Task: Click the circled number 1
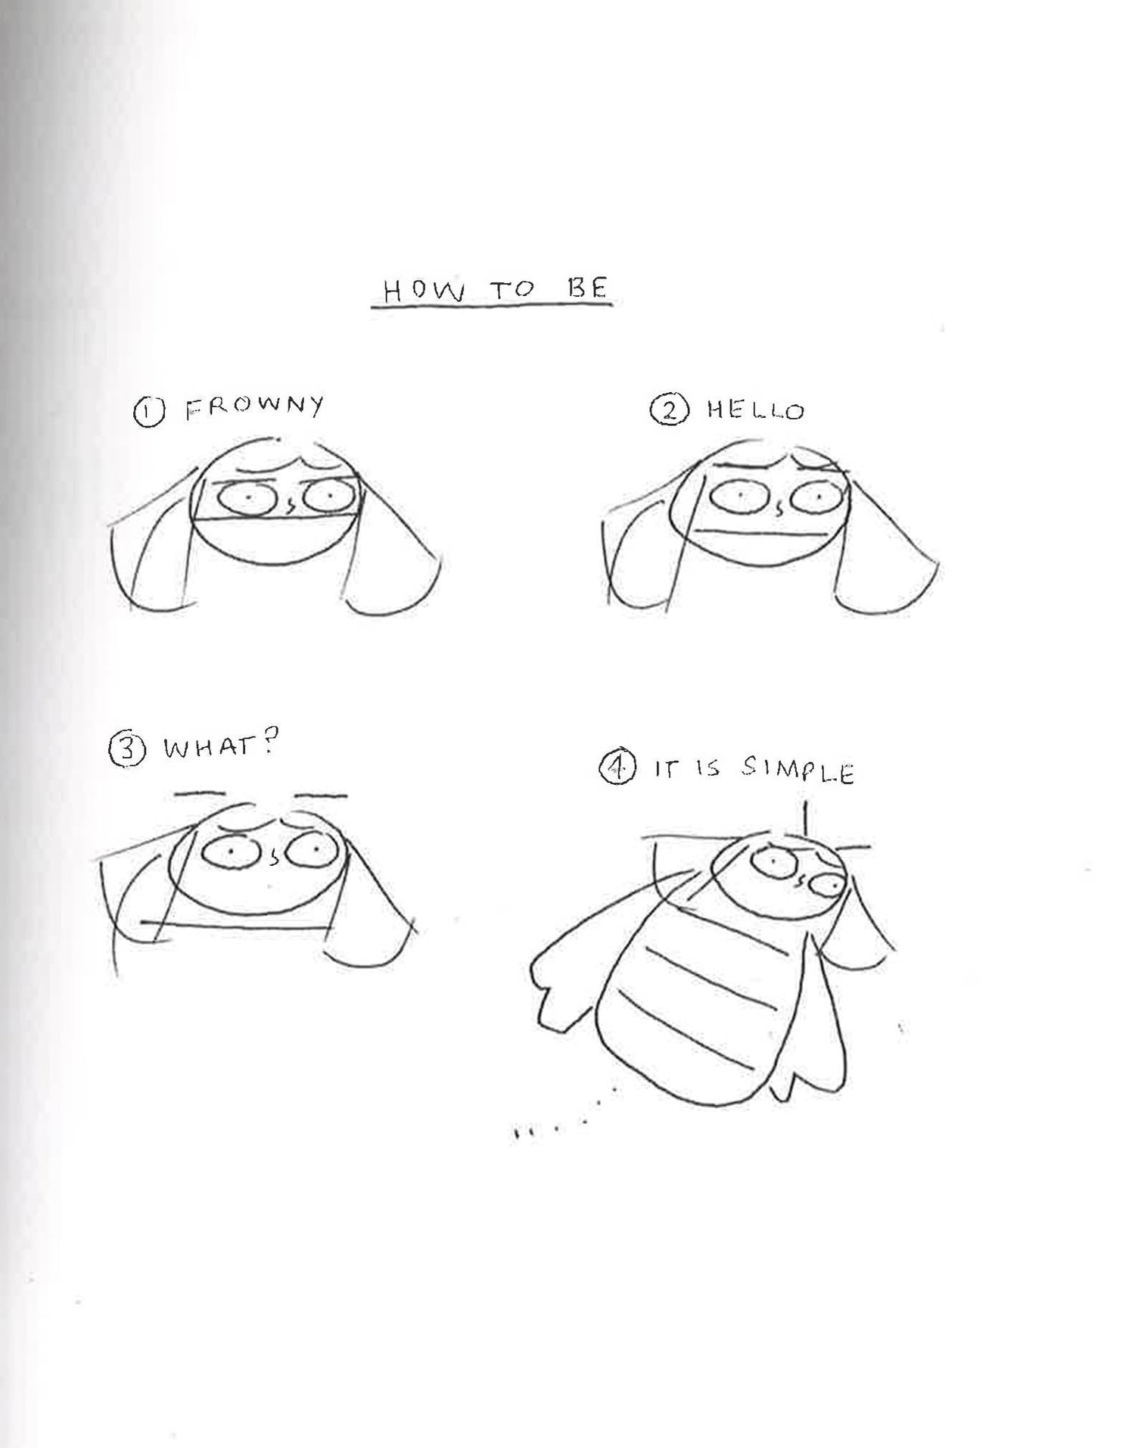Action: click(148, 413)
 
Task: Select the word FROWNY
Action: click(255, 408)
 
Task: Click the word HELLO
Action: click(755, 411)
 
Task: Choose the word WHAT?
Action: click(218, 748)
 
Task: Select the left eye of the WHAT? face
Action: click(230, 854)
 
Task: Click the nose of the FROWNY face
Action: click(289, 503)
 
